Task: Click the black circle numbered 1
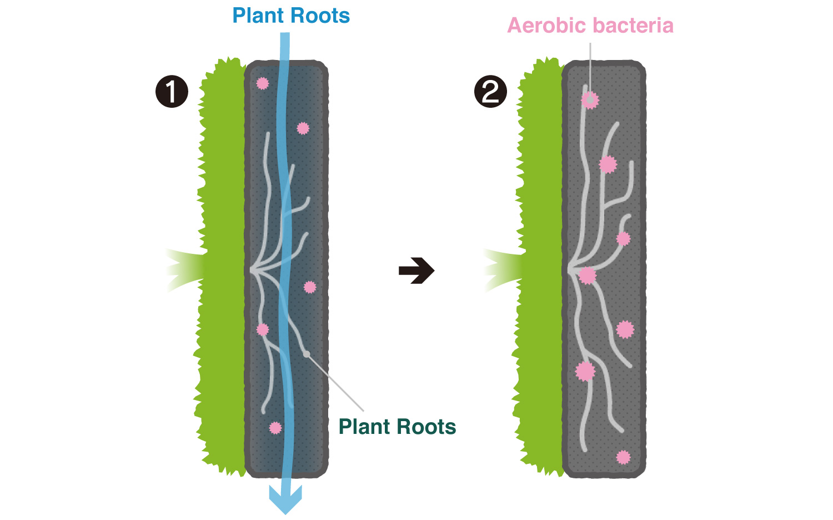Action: pyautogui.click(x=172, y=92)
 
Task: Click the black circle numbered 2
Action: pyautogui.click(x=490, y=92)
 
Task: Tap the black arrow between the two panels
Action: pyautogui.click(x=416, y=271)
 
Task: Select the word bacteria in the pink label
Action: pyautogui.click(x=633, y=26)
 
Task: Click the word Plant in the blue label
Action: pyautogui.click(x=258, y=16)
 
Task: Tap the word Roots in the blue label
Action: pyautogui.click(x=320, y=16)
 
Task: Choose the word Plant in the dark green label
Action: pyautogui.click(x=364, y=426)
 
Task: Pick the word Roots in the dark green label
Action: pyautogui.click(x=426, y=426)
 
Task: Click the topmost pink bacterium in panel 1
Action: pyautogui.click(x=263, y=83)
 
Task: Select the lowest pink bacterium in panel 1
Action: pyautogui.click(x=275, y=428)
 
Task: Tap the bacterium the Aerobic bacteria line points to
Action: pyautogui.click(x=590, y=99)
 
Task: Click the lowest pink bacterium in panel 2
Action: pyautogui.click(x=623, y=457)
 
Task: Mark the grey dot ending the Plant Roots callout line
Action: pyautogui.click(x=306, y=354)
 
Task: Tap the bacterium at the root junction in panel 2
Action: pyautogui.click(x=588, y=276)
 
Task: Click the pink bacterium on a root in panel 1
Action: pyautogui.click(x=263, y=329)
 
